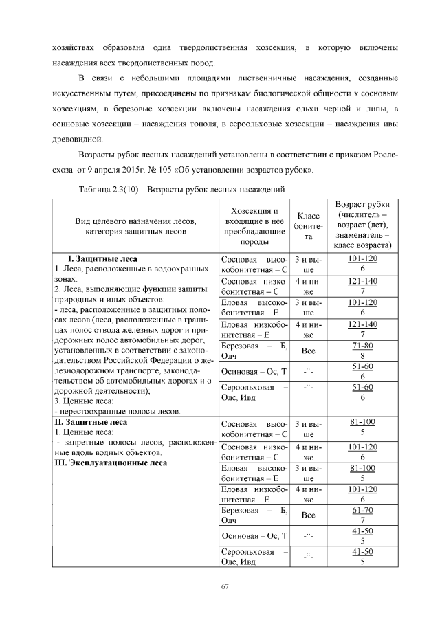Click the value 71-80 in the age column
(x=362, y=346)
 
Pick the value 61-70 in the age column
(x=362, y=510)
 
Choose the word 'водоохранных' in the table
(x=179, y=269)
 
